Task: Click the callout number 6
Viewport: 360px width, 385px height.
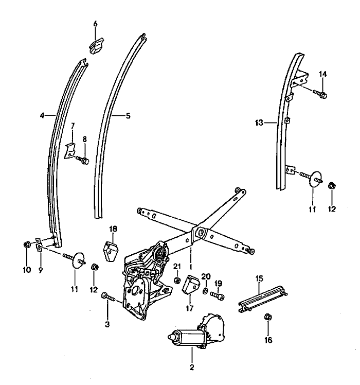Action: click(95, 24)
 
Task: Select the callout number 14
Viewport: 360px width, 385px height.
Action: click(322, 74)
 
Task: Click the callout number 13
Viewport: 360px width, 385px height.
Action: click(259, 122)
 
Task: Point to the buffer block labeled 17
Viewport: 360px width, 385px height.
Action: click(192, 285)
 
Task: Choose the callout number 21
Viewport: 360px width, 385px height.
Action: click(177, 266)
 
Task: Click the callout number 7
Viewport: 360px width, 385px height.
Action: click(73, 125)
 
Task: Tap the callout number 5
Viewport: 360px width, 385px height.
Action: click(128, 116)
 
